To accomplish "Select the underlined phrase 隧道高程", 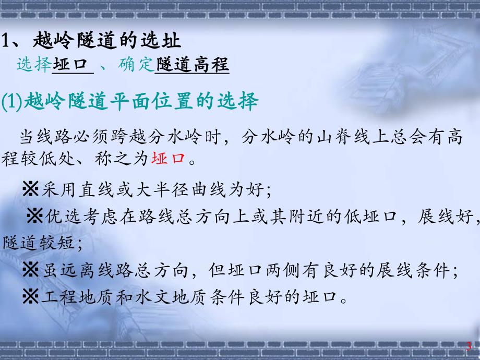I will pyautogui.click(x=192, y=65).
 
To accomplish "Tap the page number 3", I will pyautogui.click(x=469, y=346).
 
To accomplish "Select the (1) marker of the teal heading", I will pyautogui.click(x=11, y=102).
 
